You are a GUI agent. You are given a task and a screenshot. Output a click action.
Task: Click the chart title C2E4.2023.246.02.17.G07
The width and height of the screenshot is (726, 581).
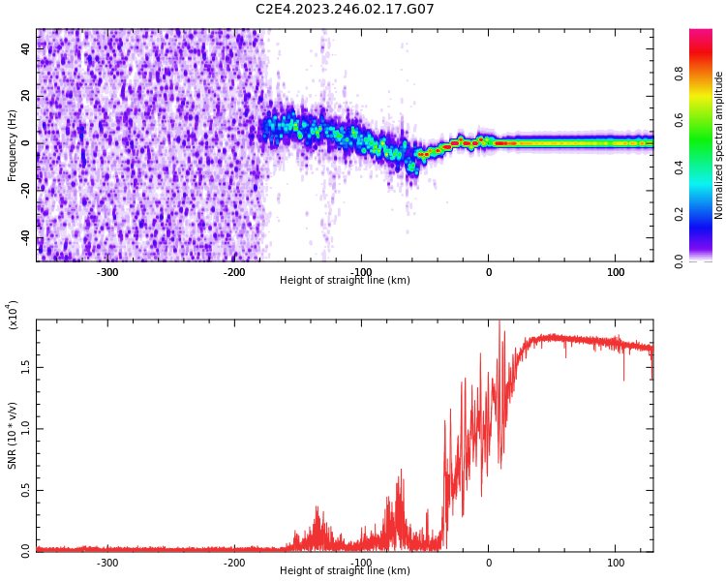(x=345, y=10)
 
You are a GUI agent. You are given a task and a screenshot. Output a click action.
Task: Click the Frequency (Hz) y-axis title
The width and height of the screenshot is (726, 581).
(x=13, y=145)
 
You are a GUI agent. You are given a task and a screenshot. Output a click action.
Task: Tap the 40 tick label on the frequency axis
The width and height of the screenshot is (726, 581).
(x=27, y=49)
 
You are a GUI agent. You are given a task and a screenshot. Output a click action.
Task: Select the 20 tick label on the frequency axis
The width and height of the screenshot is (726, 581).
(x=27, y=97)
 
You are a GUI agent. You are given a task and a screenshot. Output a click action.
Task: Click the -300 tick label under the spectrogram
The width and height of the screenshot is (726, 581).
(x=106, y=272)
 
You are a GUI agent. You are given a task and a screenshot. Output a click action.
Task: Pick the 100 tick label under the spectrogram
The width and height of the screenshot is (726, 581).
(x=616, y=272)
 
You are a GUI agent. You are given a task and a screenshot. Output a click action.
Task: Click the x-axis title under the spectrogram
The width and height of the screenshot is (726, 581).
(x=345, y=281)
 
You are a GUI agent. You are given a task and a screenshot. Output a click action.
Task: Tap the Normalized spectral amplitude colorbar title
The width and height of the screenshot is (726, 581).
(x=719, y=145)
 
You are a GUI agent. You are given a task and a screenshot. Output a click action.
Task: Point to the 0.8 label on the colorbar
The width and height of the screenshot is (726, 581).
(x=707, y=72)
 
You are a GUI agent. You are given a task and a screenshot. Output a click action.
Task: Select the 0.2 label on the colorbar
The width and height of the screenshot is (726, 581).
(x=707, y=214)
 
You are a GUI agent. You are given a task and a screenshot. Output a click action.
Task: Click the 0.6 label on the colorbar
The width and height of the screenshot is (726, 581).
(x=707, y=119)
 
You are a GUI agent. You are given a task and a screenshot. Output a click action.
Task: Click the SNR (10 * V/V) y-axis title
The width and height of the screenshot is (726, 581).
(x=13, y=430)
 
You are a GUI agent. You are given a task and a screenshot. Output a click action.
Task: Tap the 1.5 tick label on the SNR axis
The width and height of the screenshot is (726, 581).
(x=25, y=368)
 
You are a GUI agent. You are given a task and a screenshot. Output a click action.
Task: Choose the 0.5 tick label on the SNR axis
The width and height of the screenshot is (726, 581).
(x=25, y=490)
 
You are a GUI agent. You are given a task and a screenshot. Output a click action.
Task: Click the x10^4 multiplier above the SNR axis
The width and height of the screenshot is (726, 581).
(x=14, y=316)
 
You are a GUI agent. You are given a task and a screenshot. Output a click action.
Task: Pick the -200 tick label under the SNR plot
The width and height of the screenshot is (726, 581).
(x=233, y=563)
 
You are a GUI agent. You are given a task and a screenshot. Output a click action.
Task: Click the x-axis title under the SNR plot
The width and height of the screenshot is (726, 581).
(x=345, y=571)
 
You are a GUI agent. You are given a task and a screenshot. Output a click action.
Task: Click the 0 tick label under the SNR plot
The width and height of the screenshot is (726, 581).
(x=488, y=563)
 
